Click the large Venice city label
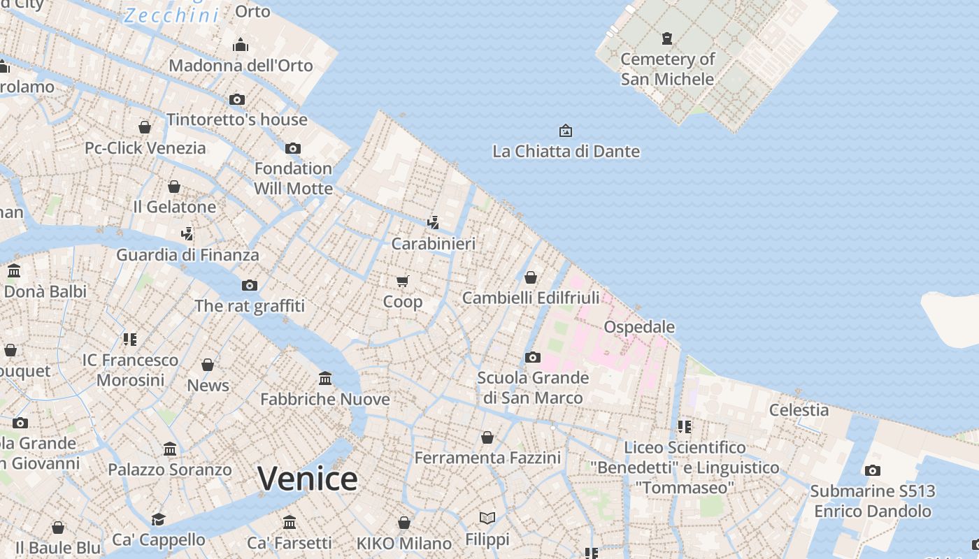click(308, 479)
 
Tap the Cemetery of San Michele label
click(667, 68)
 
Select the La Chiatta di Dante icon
click(565, 131)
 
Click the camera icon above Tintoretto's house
click(237, 99)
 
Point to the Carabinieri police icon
click(434, 223)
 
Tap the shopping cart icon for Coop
click(402, 281)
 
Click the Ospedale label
click(639, 326)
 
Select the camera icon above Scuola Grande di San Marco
click(533, 357)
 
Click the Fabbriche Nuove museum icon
click(325, 378)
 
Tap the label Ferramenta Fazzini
click(487, 458)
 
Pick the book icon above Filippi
click(487, 518)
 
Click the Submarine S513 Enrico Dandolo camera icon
click(872, 470)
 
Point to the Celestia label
click(799, 409)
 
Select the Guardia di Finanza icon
click(187, 233)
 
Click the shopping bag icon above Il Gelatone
click(174, 187)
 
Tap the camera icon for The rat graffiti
click(249, 285)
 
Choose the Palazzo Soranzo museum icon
click(170, 449)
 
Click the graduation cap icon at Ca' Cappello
click(159, 519)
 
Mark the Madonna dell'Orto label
click(241, 65)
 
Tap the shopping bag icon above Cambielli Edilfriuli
click(531, 277)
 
